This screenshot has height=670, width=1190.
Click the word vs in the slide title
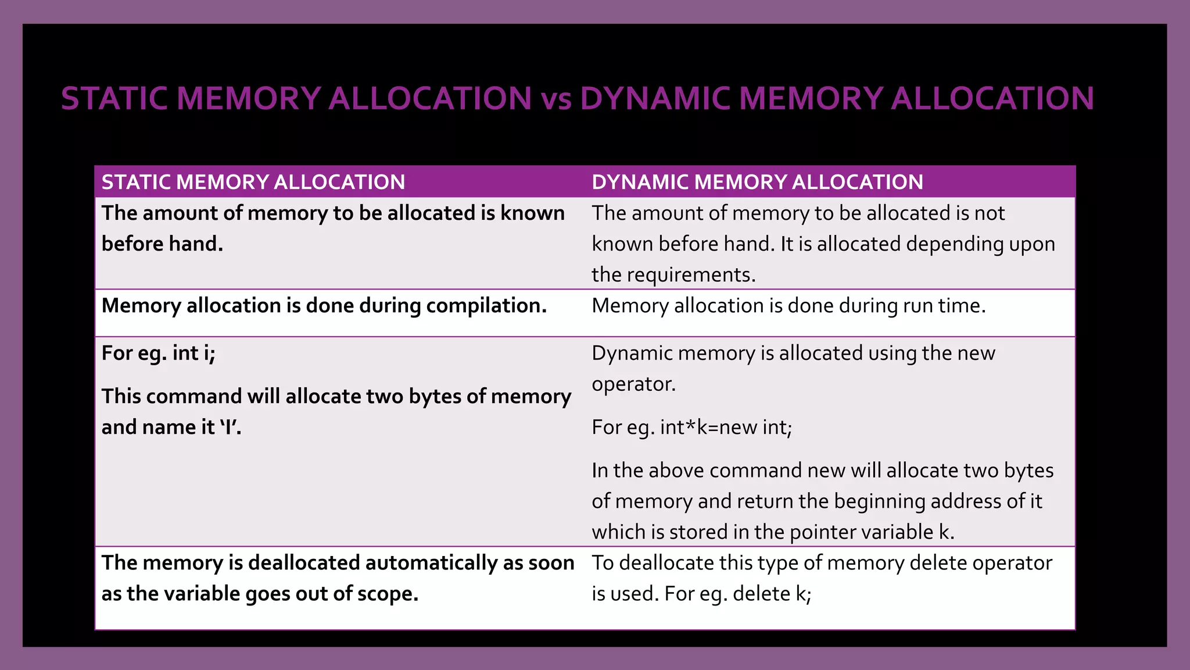click(x=556, y=98)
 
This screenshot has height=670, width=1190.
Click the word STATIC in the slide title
click(x=115, y=98)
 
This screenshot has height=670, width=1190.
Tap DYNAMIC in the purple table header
click(x=640, y=182)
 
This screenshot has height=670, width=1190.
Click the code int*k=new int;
click(x=726, y=427)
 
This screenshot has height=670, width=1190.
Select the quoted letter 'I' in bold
click(x=230, y=427)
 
